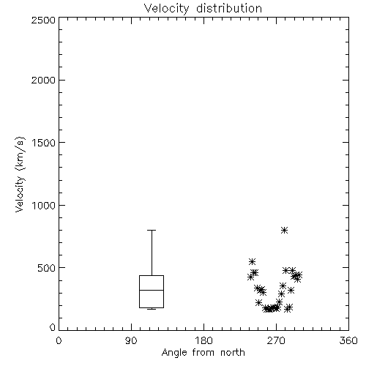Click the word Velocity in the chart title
coord(167,9)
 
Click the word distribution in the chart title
coord(229,8)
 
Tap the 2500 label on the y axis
coord(43,20)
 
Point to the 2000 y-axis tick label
coord(43,80)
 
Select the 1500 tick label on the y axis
coord(44,143)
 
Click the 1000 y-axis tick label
coord(44,205)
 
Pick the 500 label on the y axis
coord(47,268)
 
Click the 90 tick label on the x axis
coord(131,340)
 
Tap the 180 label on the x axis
coord(203,340)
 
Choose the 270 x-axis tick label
coord(276,340)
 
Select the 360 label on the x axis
coord(348,340)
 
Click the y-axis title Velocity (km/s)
coord(20,174)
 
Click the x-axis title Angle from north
coord(203,353)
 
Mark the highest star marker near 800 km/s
coord(284,230)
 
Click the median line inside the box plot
coord(152,290)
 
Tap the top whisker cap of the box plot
coord(152,230)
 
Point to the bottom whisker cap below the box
coord(152,309)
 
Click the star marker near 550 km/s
coord(253,261)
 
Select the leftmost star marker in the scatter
coord(250,277)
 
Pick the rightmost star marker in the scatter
coord(299,274)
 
